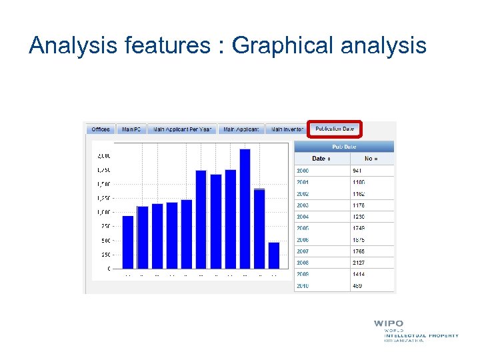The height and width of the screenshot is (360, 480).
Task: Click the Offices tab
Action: pyautogui.click(x=101, y=129)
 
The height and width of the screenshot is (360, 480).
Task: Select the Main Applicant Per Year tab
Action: pyautogui.click(x=182, y=129)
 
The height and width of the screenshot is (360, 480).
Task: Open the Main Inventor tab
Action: pyautogui.click(x=286, y=129)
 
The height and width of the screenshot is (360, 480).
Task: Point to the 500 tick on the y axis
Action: pyautogui.click(x=106, y=241)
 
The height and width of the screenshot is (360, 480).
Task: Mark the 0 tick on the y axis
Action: pyautogui.click(x=109, y=269)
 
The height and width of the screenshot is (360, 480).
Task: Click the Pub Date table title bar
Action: pyautogui.click(x=344, y=147)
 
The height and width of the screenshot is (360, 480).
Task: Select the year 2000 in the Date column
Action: pyautogui.click(x=303, y=171)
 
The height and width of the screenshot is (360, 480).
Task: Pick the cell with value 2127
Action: pyautogui.click(x=359, y=263)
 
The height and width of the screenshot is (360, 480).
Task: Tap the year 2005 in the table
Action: pyautogui.click(x=303, y=228)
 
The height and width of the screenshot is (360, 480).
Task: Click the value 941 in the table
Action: pyautogui.click(x=358, y=171)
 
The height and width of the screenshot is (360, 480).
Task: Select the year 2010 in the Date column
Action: pyautogui.click(x=303, y=286)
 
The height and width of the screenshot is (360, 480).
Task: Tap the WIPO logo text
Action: pyautogui.click(x=388, y=324)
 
